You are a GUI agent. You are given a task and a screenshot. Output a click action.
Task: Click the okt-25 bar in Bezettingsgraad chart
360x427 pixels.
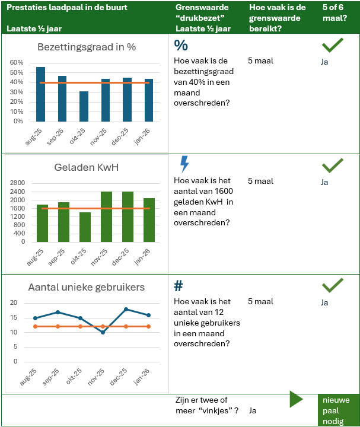tap(84, 106)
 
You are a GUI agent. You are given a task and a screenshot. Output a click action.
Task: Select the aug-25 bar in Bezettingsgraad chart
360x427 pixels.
tap(40, 94)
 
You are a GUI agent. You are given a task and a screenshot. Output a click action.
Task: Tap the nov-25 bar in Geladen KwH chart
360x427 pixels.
tap(106, 216)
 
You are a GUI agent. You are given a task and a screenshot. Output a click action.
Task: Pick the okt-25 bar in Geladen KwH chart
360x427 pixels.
tap(85, 227)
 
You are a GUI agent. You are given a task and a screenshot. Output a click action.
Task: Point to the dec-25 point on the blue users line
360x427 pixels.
tap(126, 309)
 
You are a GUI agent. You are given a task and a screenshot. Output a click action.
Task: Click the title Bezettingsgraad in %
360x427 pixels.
tap(87, 47)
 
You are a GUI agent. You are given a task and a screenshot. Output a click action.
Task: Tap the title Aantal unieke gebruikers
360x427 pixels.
tap(87, 288)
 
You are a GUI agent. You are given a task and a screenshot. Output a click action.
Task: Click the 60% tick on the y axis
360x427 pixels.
tap(17, 62)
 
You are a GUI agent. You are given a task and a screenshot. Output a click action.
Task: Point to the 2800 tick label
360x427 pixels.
tap(17, 183)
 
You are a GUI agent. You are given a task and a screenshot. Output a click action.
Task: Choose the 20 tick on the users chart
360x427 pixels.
tap(15, 303)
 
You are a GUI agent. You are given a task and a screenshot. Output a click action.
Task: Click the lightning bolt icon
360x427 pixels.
tap(184, 164)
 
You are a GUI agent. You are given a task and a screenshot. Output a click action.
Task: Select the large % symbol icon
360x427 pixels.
tap(180, 46)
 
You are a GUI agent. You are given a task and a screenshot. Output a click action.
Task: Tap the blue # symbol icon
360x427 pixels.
tap(179, 286)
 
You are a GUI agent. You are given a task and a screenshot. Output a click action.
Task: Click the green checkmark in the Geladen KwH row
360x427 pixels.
tap(332, 165)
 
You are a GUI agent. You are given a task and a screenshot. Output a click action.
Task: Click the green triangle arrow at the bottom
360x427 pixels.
tap(297, 399)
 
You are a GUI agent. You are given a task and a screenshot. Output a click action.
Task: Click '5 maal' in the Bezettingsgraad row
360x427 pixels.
tap(260, 60)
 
